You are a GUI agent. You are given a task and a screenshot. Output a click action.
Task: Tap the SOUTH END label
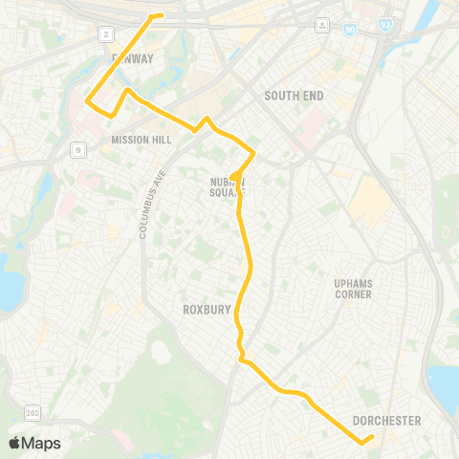coord(294,97)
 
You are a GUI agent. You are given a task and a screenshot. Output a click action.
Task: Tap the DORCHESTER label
coord(386,421)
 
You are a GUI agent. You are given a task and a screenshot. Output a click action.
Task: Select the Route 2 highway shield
coord(105,34)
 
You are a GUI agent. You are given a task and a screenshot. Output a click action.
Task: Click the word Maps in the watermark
coord(42,443)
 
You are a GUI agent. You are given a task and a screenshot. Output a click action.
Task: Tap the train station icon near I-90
coord(323,24)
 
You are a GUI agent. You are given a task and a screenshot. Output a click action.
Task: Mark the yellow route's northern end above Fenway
coord(160,15)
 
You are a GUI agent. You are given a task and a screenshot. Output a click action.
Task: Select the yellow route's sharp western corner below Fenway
coord(88,100)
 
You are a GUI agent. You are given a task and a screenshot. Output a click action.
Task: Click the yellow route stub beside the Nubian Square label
coord(233,175)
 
